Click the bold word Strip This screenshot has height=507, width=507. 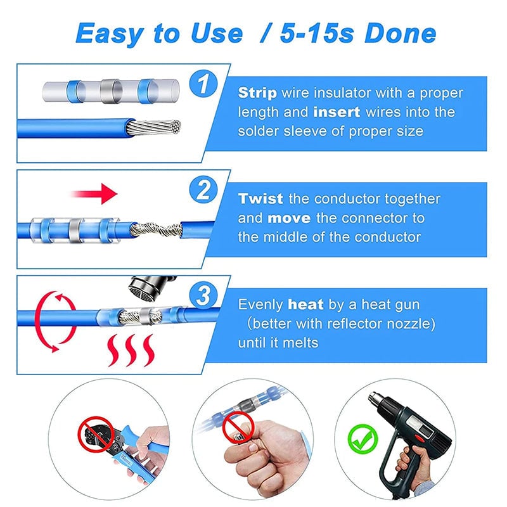(x=257, y=93)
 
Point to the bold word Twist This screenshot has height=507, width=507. (x=260, y=198)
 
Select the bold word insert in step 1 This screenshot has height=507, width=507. (x=337, y=112)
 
